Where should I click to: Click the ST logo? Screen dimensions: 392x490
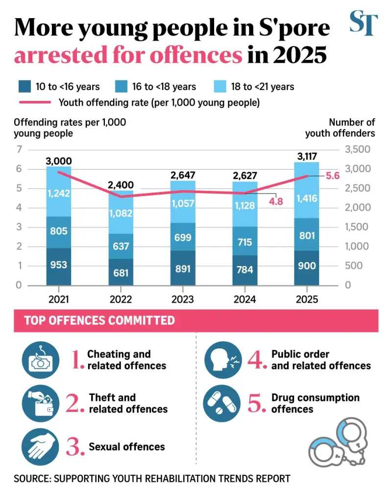(x=364, y=23)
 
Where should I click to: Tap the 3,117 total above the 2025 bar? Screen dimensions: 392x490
(x=307, y=156)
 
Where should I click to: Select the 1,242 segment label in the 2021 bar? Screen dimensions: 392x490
(x=59, y=194)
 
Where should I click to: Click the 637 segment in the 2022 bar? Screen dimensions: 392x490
(x=121, y=246)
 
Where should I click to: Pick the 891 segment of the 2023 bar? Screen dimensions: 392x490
(x=183, y=268)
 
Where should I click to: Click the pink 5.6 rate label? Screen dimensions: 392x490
(x=333, y=176)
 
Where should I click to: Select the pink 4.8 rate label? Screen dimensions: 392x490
(x=276, y=201)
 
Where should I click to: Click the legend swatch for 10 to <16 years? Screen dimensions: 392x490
(x=24, y=87)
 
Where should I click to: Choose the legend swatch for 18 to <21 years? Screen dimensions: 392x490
(x=220, y=87)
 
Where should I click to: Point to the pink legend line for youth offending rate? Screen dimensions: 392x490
(x=35, y=102)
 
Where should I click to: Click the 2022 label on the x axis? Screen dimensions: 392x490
(x=121, y=299)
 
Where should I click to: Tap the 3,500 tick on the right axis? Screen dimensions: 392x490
(x=358, y=149)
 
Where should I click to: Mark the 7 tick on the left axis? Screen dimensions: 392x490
(x=20, y=149)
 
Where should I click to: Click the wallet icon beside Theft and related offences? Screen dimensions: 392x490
(x=40, y=403)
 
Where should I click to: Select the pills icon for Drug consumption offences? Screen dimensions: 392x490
(x=222, y=403)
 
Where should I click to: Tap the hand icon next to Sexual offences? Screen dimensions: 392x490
(x=40, y=447)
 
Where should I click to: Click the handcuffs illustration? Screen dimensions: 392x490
(x=338, y=442)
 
